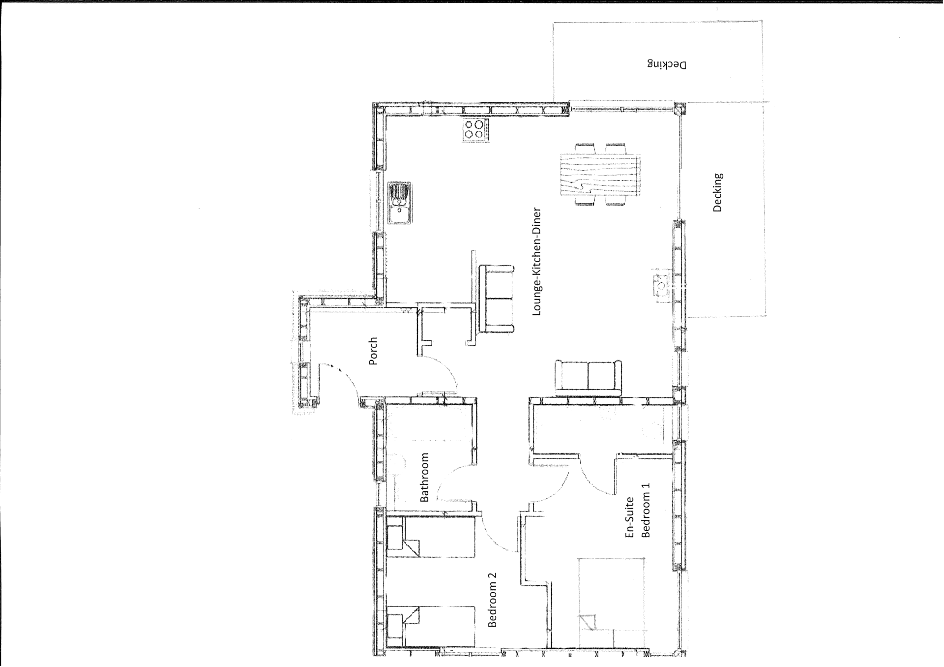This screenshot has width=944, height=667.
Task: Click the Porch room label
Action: pos(373,351)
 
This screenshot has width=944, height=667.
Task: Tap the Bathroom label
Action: pos(424,477)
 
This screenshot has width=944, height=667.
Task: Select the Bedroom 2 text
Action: pos(492,600)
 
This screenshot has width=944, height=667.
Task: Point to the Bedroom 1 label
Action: pos(646,510)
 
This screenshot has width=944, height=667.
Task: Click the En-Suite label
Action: pos(630,517)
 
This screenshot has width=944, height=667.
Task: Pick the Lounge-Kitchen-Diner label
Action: pos(536,262)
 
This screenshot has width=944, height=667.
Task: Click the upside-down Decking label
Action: pos(667,64)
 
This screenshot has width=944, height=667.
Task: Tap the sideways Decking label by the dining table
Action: pos(718,192)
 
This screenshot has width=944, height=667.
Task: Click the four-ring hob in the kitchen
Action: pos(476,130)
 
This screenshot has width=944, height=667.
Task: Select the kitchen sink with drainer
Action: pos(399,203)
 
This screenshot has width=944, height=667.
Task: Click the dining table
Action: pos(600,175)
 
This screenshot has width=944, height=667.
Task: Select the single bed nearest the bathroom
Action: pos(431,537)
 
